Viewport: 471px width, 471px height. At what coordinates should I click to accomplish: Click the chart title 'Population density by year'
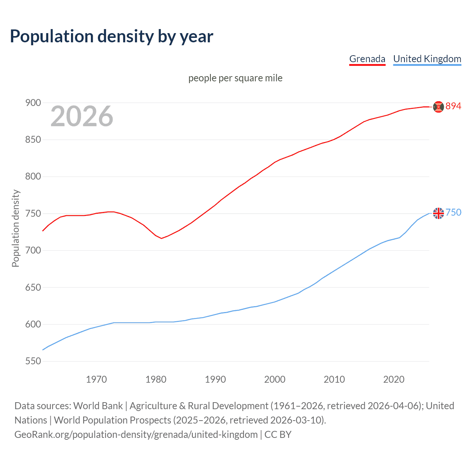[111, 36]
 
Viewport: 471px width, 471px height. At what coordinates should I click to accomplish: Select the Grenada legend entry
[367, 59]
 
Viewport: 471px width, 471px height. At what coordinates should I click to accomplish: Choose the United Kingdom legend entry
[427, 59]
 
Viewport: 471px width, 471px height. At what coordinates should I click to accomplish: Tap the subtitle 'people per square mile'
[235, 78]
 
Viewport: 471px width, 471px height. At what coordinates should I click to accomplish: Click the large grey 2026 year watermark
[82, 116]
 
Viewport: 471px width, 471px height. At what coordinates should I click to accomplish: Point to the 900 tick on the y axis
[33, 103]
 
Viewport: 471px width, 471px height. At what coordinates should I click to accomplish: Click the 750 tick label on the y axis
[33, 213]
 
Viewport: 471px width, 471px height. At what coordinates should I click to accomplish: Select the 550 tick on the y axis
[33, 361]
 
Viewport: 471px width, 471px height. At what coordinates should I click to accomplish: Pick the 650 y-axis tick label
[33, 287]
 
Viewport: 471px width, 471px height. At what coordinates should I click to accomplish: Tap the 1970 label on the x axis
[96, 379]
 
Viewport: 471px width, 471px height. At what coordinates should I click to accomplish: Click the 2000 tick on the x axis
[275, 379]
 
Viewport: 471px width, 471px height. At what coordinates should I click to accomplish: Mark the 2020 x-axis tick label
[394, 379]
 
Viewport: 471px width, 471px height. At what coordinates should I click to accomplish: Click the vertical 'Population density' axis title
[15, 228]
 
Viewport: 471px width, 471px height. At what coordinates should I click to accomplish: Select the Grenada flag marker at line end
[438, 107]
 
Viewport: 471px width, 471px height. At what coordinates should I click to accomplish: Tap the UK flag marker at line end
[438, 213]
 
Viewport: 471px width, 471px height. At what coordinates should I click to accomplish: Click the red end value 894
[453, 106]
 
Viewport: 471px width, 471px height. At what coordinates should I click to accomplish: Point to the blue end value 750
[453, 213]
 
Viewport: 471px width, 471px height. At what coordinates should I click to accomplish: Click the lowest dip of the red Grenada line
[161, 238]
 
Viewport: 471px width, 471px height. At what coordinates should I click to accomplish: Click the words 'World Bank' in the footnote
[98, 406]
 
